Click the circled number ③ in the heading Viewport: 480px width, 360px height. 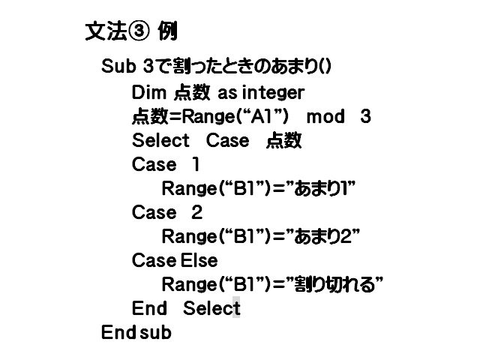139,31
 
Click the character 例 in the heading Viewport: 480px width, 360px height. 168,31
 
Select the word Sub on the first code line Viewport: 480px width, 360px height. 118,66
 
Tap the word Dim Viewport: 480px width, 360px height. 149,92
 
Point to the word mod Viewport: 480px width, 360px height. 325,117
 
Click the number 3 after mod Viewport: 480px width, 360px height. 366,117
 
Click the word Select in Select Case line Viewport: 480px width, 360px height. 160,140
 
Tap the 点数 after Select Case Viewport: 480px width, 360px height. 283,140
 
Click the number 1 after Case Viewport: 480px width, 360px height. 196,164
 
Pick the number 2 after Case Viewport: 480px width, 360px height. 196,212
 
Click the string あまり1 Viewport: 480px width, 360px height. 321,188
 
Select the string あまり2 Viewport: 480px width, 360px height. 323,236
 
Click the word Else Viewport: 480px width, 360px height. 199,260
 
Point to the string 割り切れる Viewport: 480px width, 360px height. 334,284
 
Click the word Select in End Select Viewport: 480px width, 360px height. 211,308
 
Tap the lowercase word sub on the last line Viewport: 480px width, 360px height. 155,332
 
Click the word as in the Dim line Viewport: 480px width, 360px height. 227,93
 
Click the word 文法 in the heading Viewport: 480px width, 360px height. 106,31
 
